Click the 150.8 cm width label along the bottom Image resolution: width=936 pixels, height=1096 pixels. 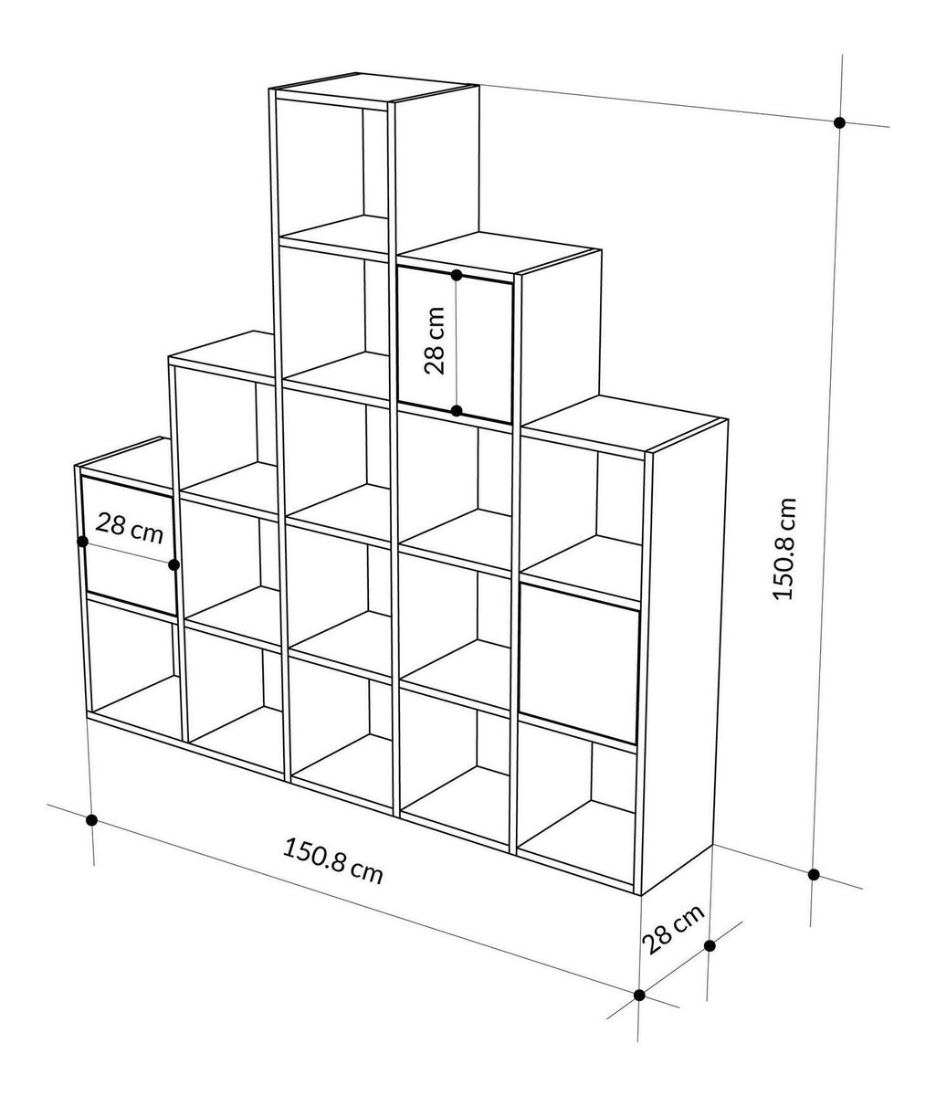[333, 861]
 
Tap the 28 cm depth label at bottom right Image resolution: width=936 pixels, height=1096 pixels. [672, 929]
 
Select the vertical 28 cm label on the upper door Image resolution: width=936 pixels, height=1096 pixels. [435, 340]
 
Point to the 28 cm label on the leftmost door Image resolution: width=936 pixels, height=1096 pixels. [130, 528]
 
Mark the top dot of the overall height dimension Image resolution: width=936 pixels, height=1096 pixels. [839, 121]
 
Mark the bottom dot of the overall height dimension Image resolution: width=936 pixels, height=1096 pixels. [814, 874]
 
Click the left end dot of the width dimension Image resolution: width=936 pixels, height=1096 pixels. [91, 820]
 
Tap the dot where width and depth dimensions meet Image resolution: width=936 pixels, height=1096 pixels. [639, 995]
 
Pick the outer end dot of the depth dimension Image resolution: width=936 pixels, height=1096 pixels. [710, 945]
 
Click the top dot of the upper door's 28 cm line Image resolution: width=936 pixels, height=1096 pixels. [457, 274]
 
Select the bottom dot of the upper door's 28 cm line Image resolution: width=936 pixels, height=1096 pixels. [457, 411]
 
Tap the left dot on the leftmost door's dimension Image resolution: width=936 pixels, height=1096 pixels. [82, 541]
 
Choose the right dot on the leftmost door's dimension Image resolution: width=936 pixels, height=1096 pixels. [174, 564]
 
